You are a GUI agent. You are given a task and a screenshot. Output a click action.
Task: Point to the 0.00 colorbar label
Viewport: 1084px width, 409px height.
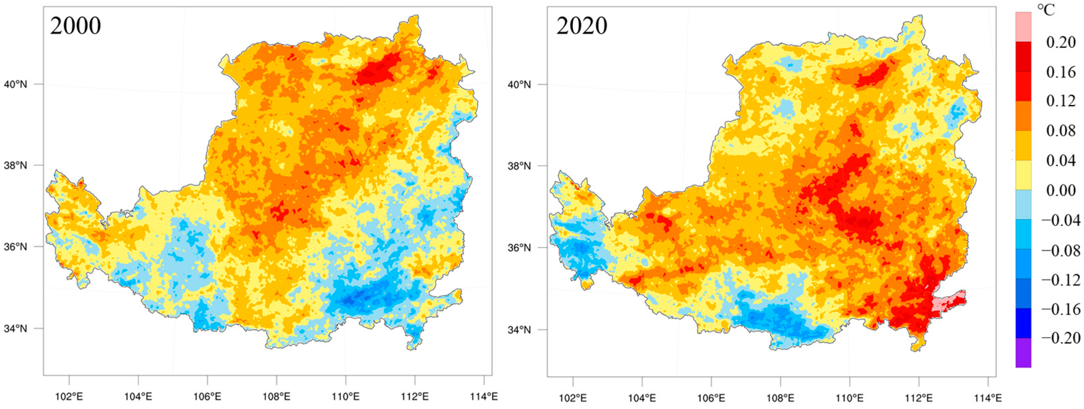tap(1061, 191)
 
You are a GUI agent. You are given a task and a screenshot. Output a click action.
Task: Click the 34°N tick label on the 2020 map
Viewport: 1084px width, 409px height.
tap(519, 329)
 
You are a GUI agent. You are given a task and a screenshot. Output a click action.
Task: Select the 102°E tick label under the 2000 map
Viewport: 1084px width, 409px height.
tap(69, 397)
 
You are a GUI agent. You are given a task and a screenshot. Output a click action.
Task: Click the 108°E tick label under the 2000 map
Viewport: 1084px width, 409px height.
tap(277, 397)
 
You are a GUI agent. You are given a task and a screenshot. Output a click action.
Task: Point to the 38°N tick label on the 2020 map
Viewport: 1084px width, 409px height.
tap(519, 166)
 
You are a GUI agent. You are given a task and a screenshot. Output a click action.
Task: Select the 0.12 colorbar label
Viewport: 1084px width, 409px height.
tap(1061, 101)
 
